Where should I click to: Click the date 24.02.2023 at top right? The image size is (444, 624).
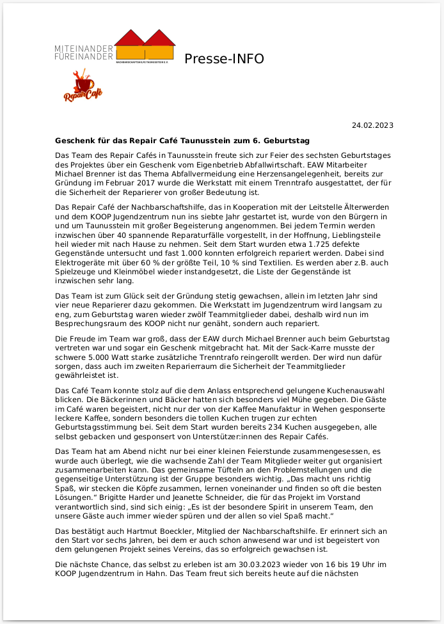(x=372, y=125)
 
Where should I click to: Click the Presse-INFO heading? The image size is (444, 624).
(x=224, y=59)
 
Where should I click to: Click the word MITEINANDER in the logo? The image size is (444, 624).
(x=84, y=49)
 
